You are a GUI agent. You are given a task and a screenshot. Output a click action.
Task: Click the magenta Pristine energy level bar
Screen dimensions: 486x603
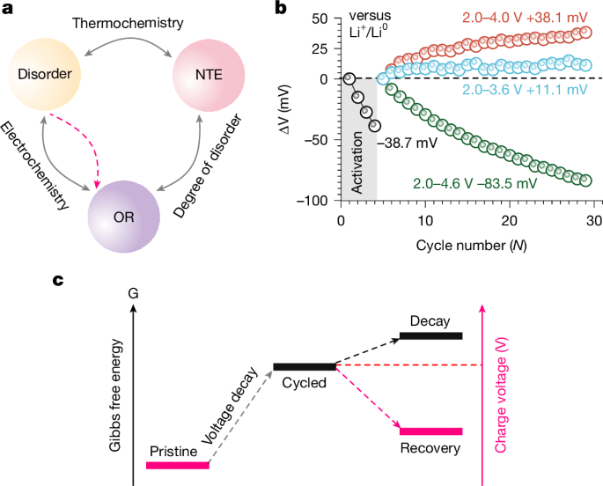point(178,465)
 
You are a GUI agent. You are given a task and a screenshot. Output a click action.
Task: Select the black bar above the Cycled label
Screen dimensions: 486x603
point(304,365)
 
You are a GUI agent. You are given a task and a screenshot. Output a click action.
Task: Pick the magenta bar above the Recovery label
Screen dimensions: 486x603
point(430,431)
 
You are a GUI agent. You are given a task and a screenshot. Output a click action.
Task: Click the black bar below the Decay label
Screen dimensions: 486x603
point(430,335)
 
